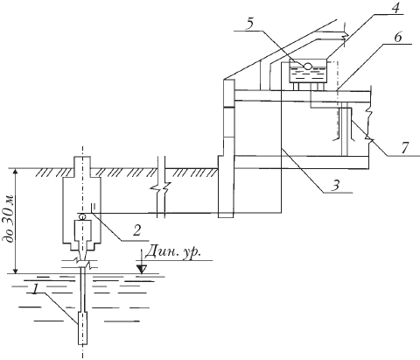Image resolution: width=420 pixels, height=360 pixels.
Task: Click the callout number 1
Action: [x=36, y=289]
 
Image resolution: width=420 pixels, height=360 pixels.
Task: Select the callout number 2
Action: [x=136, y=230]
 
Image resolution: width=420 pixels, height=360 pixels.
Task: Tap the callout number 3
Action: [x=336, y=185]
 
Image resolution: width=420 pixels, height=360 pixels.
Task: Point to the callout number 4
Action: [x=395, y=9]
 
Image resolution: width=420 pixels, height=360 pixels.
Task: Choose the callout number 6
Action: [x=398, y=38]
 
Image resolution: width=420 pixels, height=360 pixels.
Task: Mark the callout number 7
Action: [x=403, y=148]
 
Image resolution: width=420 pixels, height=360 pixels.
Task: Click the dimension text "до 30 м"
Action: [x=8, y=218]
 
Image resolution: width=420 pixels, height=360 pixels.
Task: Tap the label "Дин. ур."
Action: [x=173, y=251]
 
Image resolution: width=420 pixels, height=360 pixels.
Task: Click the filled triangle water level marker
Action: [x=142, y=269]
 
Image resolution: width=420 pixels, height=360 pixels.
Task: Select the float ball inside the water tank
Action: [x=307, y=66]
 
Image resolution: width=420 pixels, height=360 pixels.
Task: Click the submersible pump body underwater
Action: [x=82, y=328]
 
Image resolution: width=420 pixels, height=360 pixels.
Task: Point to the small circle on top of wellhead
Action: [x=82, y=216]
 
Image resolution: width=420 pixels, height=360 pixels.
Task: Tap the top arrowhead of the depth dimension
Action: [x=16, y=173]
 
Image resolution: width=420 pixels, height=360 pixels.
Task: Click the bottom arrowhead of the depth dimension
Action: [x=16, y=269]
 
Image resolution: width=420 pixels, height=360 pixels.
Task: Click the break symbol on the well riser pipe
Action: [x=83, y=263]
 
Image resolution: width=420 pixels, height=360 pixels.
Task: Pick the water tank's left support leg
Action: [x=297, y=87]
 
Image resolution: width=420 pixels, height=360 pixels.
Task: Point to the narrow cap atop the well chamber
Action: [x=82, y=166]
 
